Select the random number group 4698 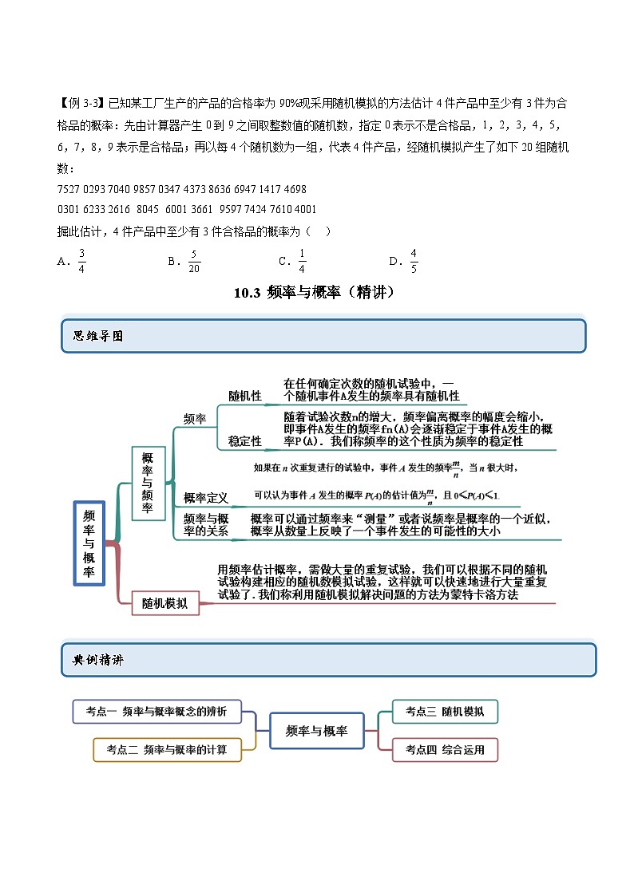(295, 190)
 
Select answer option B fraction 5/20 (192, 260)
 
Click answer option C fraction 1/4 (302, 260)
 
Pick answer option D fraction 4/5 (414, 260)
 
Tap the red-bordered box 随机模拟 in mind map (164, 603)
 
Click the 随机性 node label (245, 396)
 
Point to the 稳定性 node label (245, 440)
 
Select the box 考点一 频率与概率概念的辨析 (157, 711)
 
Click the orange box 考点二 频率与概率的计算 (168, 749)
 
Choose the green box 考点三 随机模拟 (445, 711)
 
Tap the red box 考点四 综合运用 (445, 749)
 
